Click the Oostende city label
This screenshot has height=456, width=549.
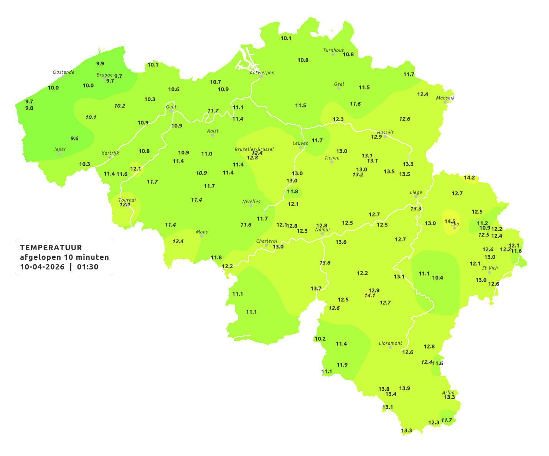[x=63, y=72]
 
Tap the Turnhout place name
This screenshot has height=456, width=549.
[x=333, y=50]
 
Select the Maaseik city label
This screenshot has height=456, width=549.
[x=445, y=98]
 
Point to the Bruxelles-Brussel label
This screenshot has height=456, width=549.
[x=254, y=149]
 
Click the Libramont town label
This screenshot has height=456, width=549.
[x=391, y=343]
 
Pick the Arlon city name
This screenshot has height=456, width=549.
[x=448, y=393]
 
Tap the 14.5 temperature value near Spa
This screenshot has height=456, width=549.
[x=450, y=221]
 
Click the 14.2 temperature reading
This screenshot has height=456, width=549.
[x=470, y=178]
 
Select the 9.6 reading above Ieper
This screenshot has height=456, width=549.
[x=74, y=139]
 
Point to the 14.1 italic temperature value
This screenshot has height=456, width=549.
[x=369, y=296]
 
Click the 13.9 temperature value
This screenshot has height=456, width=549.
[x=404, y=388]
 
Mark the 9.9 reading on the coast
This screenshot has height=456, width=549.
[x=100, y=64]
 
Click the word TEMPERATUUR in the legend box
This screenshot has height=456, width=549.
[x=51, y=248]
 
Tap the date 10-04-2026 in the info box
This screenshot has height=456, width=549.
[x=42, y=267]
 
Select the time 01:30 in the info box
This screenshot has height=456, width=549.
[x=87, y=267]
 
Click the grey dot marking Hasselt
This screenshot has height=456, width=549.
[x=385, y=136]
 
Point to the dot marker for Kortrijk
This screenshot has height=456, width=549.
[x=110, y=157]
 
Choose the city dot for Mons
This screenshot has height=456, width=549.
[x=201, y=236]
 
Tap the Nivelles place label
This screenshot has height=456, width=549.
[x=251, y=202]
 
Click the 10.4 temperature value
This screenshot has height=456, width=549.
[x=437, y=278]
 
